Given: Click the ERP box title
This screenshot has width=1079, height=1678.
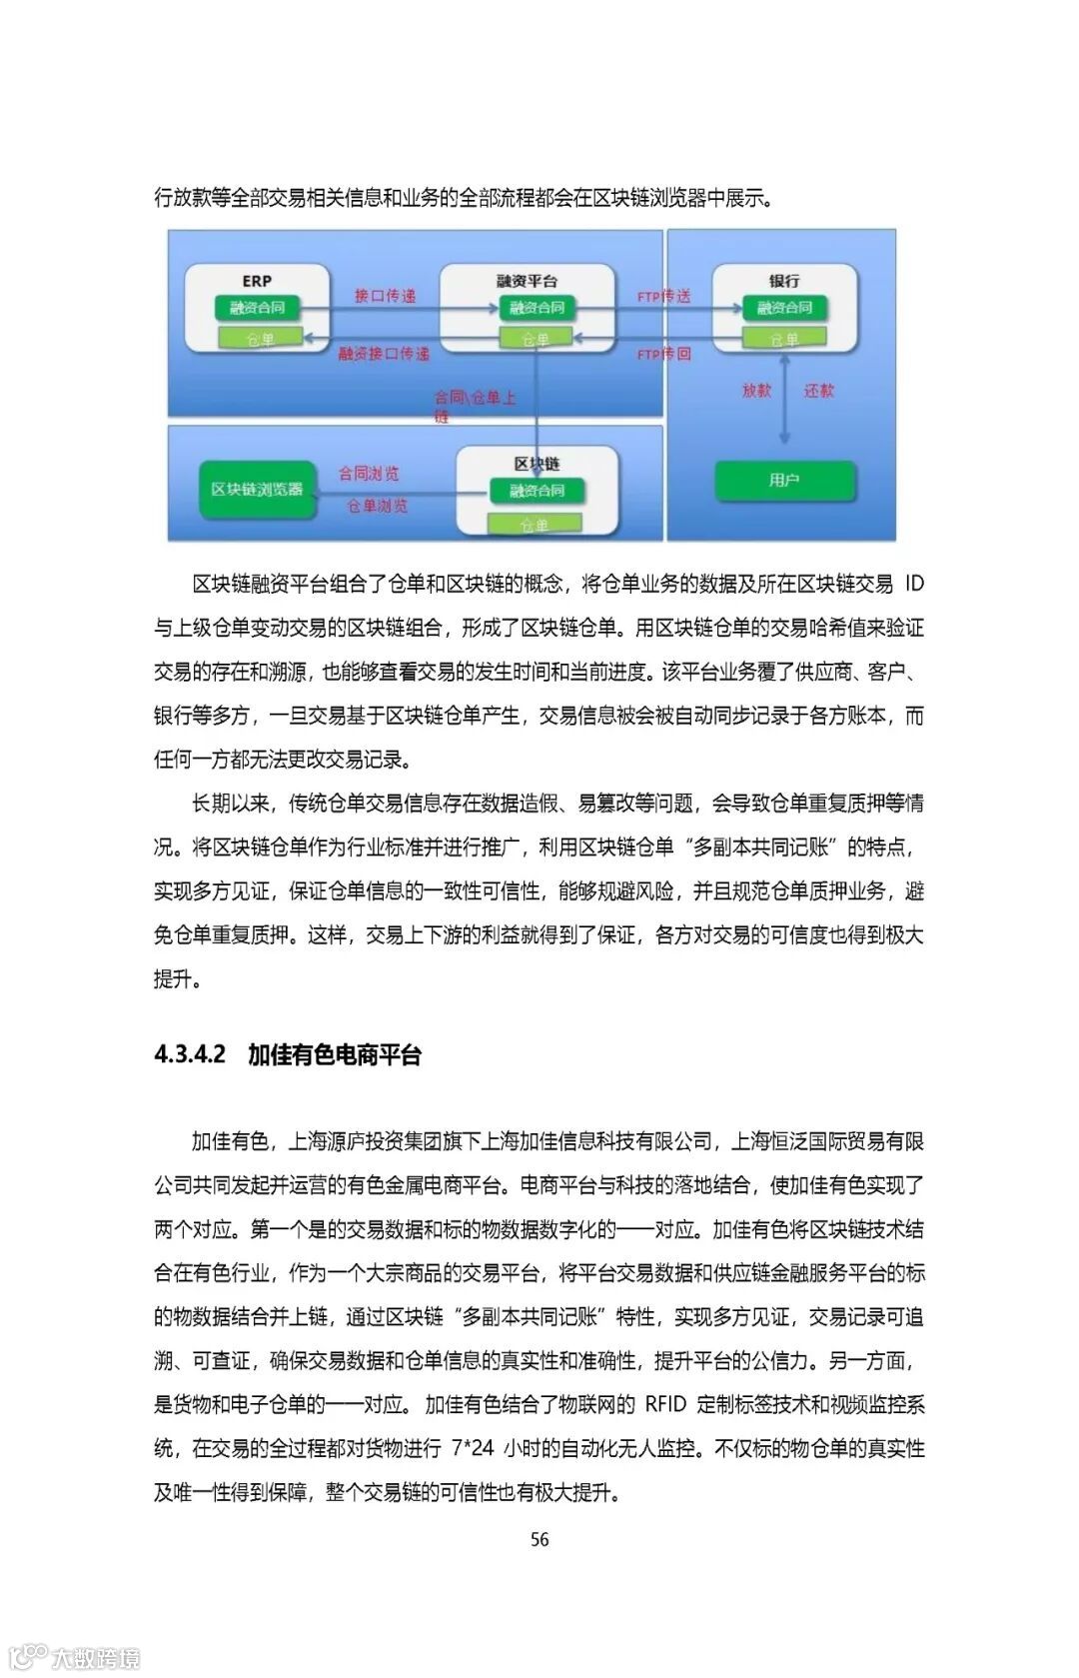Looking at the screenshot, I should [x=257, y=281].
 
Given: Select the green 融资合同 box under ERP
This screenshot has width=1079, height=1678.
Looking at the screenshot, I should [x=257, y=308].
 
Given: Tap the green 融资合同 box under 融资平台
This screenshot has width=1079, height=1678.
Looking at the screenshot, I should [x=537, y=308].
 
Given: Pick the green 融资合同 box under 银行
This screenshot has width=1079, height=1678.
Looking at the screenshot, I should [x=784, y=308].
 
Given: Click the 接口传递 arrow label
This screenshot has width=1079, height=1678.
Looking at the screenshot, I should [x=385, y=296].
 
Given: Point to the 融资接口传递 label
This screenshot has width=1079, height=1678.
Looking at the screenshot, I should [x=384, y=354].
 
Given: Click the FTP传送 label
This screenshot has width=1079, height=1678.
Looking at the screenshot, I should [x=663, y=296].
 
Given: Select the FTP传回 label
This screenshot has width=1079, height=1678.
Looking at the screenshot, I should [x=663, y=354].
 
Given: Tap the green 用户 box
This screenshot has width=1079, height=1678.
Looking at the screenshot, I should [x=784, y=481].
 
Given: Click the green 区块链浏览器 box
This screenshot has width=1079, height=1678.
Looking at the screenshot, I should [x=257, y=489].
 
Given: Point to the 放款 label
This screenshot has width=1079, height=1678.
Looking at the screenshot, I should [x=756, y=390].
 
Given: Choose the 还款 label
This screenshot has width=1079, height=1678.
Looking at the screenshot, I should [x=818, y=390].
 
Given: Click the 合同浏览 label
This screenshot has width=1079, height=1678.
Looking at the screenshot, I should [x=369, y=473].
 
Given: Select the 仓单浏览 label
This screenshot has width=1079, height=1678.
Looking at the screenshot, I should [x=377, y=506].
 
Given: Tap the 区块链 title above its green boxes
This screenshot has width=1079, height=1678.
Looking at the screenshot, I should [x=537, y=464].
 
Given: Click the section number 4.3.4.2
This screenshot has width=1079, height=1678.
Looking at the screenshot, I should [x=190, y=1054].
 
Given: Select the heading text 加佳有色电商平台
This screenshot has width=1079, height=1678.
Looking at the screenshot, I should [x=335, y=1054].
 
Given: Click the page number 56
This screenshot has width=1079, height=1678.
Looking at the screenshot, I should [x=539, y=1539].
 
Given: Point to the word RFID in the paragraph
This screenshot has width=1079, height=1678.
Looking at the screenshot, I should [x=665, y=1404].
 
